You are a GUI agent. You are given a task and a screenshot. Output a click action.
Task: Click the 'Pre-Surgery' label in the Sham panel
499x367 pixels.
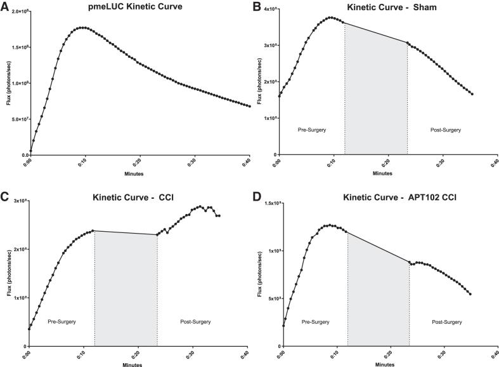pyautogui.click(x=311, y=130)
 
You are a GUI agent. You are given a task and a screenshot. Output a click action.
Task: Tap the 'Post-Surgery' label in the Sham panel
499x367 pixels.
pyautogui.click(x=446, y=130)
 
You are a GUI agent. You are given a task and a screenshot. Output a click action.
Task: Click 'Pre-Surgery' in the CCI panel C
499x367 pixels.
pyautogui.click(x=62, y=322)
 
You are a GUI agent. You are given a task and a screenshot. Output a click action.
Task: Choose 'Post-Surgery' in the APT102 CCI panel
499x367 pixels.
pyautogui.click(x=447, y=322)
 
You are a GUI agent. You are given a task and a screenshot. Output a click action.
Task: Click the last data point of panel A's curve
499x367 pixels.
pyautogui.click(x=250, y=106)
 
